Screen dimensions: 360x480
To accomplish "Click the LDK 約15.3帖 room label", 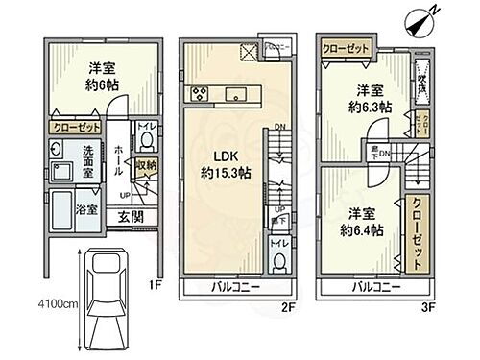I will click(x=228, y=165).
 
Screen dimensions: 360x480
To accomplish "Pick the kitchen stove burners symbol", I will click(x=203, y=92).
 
